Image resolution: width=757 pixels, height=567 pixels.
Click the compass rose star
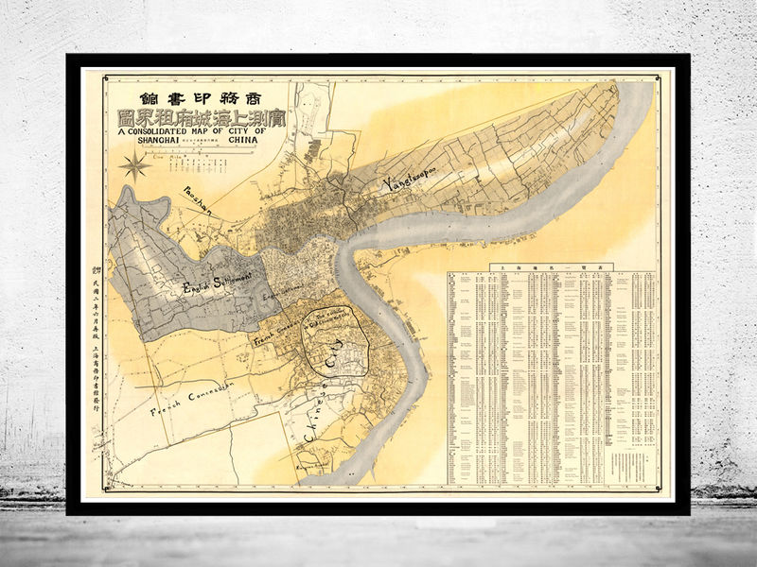(x=135, y=168)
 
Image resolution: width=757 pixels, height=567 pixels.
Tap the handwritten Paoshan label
(x=192, y=198)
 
